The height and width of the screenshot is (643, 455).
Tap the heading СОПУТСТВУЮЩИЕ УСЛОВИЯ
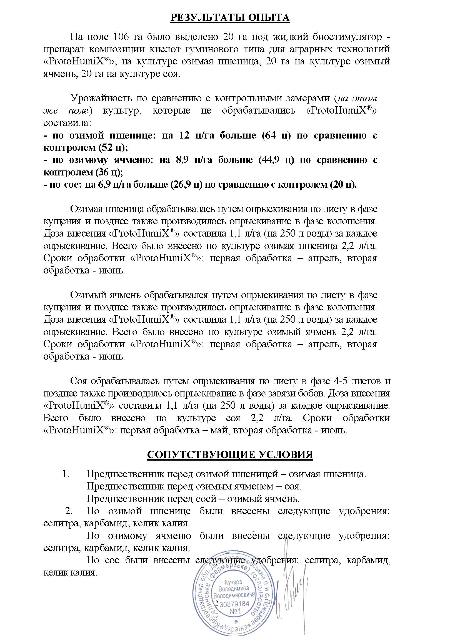230,454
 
